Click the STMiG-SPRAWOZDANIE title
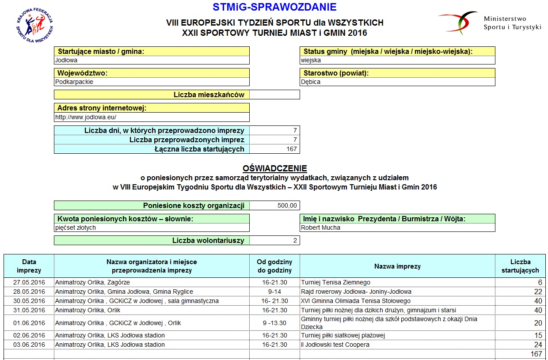(x=274, y=8)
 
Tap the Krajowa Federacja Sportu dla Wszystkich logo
(x=35, y=26)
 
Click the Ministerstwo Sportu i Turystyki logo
(x=490, y=23)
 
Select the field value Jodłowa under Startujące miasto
(x=66, y=60)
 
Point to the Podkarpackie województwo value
(x=74, y=82)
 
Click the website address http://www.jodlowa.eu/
(x=86, y=117)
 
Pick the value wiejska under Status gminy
(x=311, y=60)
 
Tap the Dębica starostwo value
(x=311, y=82)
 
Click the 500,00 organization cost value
(x=287, y=205)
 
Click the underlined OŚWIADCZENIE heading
(x=274, y=168)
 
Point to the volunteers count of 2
(x=295, y=241)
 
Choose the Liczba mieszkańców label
(x=209, y=95)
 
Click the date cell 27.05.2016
(x=29, y=282)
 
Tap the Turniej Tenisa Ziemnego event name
(x=335, y=282)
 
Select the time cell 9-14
(x=274, y=292)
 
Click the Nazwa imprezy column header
(x=397, y=266)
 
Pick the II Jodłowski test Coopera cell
(x=335, y=345)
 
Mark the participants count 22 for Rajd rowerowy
(x=537, y=292)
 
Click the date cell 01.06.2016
(x=29, y=323)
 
